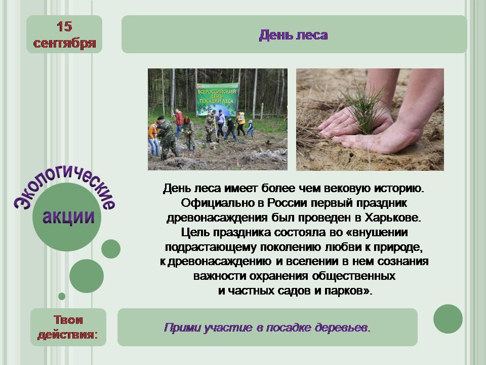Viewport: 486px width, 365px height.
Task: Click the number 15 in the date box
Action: pyautogui.click(x=64, y=27)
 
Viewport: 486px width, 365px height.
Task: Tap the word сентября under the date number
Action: pyautogui.click(x=64, y=43)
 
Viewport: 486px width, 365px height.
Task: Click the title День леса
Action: pyautogui.click(x=293, y=35)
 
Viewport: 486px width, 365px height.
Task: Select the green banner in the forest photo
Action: pyautogui.click(x=217, y=99)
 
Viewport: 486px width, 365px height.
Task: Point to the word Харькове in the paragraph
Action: pyautogui.click(x=393, y=217)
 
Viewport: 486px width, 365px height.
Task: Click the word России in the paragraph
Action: pyautogui.click(x=287, y=203)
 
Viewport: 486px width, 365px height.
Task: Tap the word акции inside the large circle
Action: pyautogui.click(x=68, y=217)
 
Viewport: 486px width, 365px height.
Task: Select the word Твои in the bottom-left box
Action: pyautogui.click(x=68, y=320)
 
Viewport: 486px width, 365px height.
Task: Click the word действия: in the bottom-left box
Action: pyautogui.click(x=67, y=335)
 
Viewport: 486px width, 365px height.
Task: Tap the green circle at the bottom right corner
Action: pyautogui.click(x=448, y=319)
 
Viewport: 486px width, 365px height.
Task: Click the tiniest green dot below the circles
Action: pyautogui.click(x=62, y=297)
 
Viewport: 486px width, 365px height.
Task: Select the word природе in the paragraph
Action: pyautogui.click(x=398, y=247)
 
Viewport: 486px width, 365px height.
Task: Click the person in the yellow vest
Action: pyautogui.click(x=241, y=123)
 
